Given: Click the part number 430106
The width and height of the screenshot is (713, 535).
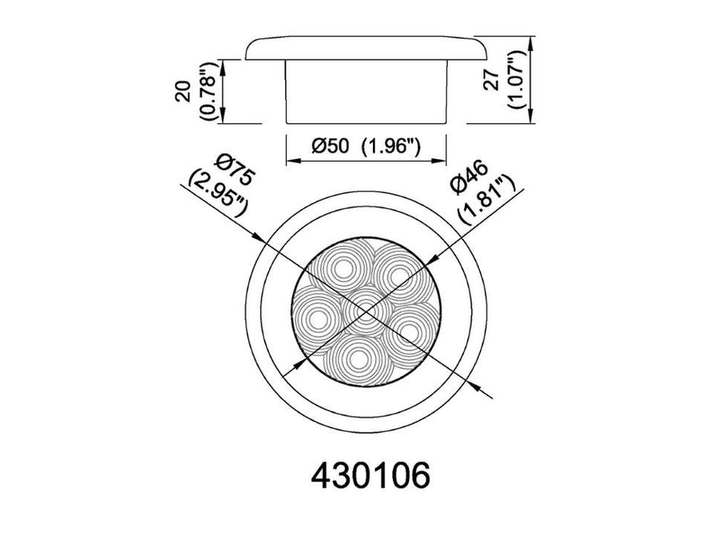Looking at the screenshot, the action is pyautogui.click(x=370, y=476).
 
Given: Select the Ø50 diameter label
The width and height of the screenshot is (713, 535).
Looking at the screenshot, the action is pyautogui.click(x=330, y=146).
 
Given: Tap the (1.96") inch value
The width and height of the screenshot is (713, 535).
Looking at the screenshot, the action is pyautogui.click(x=390, y=146).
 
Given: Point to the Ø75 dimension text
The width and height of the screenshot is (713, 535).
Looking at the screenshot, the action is pyautogui.click(x=235, y=169).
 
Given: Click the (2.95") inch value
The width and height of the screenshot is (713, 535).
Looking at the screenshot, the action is pyautogui.click(x=218, y=191).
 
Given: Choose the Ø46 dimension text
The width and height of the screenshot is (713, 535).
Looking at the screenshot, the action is pyautogui.click(x=469, y=177).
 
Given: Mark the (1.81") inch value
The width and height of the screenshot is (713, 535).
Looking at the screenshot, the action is pyautogui.click(x=487, y=199).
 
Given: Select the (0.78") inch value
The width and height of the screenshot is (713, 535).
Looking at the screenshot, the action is pyautogui.click(x=208, y=91).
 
